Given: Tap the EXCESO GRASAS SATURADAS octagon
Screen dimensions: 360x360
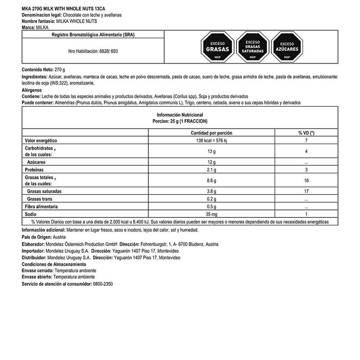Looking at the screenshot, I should [x=252, y=46].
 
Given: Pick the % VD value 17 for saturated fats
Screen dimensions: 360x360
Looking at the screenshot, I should [x=306, y=191].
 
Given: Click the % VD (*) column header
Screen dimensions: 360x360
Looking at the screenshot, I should [x=306, y=133].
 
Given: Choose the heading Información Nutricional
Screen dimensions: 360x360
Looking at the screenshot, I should [x=180, y=115].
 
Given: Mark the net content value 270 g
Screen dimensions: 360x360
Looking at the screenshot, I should [x=59, y=70].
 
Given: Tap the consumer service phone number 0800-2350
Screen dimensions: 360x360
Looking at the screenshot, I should [x=103, y=284].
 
